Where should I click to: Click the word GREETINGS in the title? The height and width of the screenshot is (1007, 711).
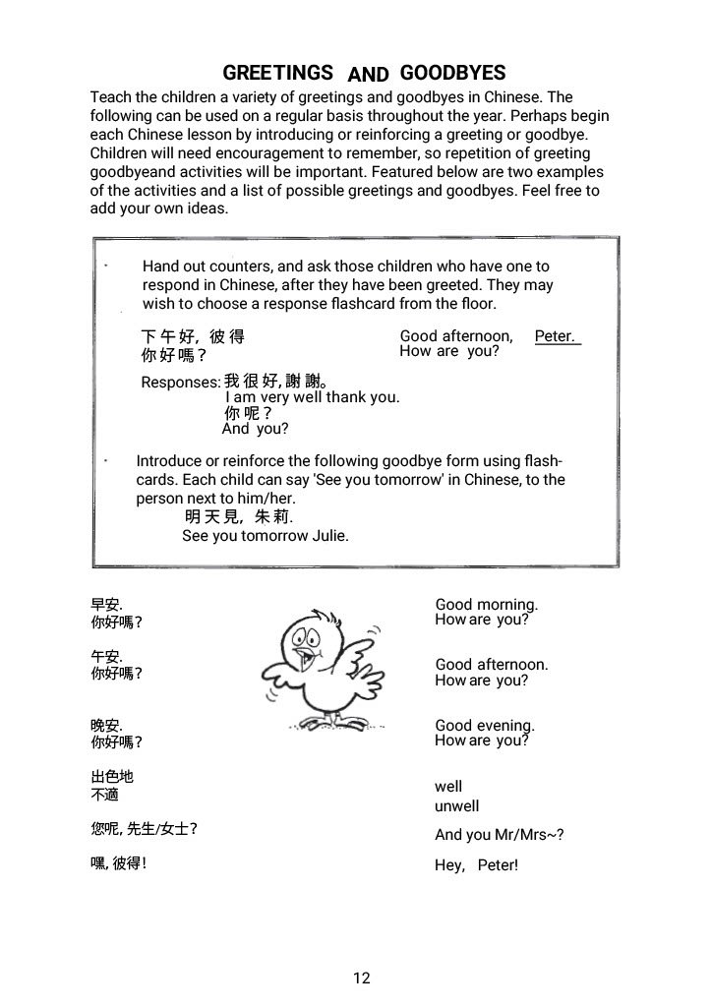click(277, 73)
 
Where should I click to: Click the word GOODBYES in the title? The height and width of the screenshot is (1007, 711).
click(452, 73)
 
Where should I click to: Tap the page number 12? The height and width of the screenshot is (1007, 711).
click(361, 977)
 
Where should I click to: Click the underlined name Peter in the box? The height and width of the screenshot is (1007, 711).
click(556, 336)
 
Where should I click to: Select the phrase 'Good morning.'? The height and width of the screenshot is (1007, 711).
click(486, 605)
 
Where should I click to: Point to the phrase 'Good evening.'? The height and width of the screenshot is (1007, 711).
click(485, 726)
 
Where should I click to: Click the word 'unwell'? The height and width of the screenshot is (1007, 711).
click(457, 806)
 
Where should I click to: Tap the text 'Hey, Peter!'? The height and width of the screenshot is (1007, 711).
click(476, 866)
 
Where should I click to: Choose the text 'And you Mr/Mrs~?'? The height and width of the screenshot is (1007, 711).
click(499, 836)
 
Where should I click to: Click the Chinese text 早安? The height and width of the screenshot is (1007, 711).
click(106, 606)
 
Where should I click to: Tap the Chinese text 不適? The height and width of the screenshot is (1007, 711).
click(104, 795)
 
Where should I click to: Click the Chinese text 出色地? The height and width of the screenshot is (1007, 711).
click(111, 777)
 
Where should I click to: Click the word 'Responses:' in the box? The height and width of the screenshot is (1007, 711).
click(181, 383)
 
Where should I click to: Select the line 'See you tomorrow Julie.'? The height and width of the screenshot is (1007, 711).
click(266, 536)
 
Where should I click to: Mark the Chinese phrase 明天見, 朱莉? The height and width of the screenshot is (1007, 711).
click(238, 517)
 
